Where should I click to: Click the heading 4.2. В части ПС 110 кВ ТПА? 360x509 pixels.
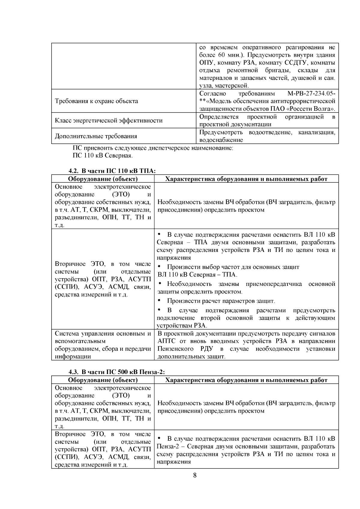click(x=112, y=171)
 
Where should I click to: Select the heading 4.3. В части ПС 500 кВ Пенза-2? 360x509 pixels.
click(x=117, y=372)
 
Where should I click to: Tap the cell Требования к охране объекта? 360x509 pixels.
click(x=96, y=101)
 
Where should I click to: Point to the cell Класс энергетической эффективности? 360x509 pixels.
click(x=109, y=121)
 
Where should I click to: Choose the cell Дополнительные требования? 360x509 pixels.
click(x=96, y=136)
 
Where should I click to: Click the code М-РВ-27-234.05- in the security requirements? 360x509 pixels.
click(x=311, y=93)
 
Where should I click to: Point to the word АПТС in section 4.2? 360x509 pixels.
click(x=166, y=341)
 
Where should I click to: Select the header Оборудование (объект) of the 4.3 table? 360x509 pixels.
click(x=103, y=380)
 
